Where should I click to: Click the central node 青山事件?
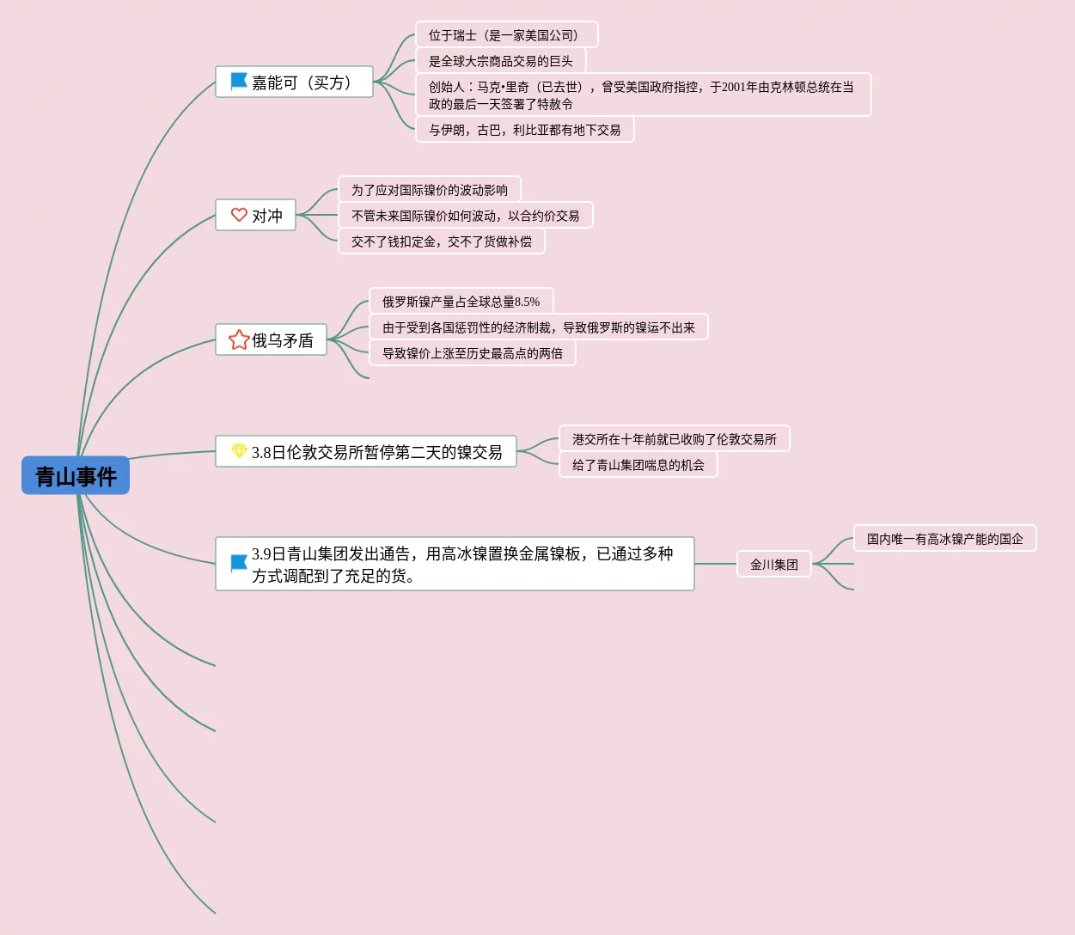click(x=76, y=476)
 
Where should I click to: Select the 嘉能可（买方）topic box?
click(x=301, y=82)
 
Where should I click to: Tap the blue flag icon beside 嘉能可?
click(x=239, y=82)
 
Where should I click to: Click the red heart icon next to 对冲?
click(x=239, y=215)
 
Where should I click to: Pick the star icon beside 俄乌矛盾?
click(x=239, y=339)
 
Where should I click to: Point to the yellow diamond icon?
click(x=239, y=451)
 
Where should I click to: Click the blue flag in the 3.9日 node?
click(x=239, y=564)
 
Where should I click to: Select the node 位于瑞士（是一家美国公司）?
click(x=506, y=35)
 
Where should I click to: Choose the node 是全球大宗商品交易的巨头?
click(x=500, y=61)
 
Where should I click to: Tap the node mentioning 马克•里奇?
click(x=643, y=95)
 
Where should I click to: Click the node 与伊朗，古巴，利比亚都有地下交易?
click(x=524, y=130)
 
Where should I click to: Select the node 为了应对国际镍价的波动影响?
click(x=429, y=190)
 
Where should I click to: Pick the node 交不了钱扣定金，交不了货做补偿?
click(x=441, y=241)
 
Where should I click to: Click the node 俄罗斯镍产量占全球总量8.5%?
click(x=461, y=302)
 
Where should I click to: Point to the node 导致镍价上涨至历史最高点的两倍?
click(x=472, y=353)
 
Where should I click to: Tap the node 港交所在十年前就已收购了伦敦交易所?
click(x=674, y=439)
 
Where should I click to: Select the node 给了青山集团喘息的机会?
click(x=638, y=465)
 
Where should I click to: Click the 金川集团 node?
click(x=773, y=565)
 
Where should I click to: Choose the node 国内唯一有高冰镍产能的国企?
click(x=944, y=539)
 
